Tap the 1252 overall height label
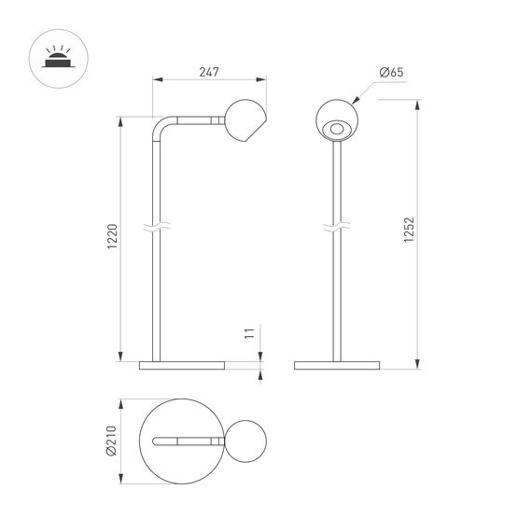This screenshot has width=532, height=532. tap(408, 230)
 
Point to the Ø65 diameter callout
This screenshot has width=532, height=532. tap(391, 72)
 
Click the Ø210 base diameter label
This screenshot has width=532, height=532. tap(111, 443)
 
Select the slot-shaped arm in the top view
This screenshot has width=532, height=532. tap(182, 442)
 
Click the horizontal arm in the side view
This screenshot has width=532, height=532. tap(196, 119)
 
